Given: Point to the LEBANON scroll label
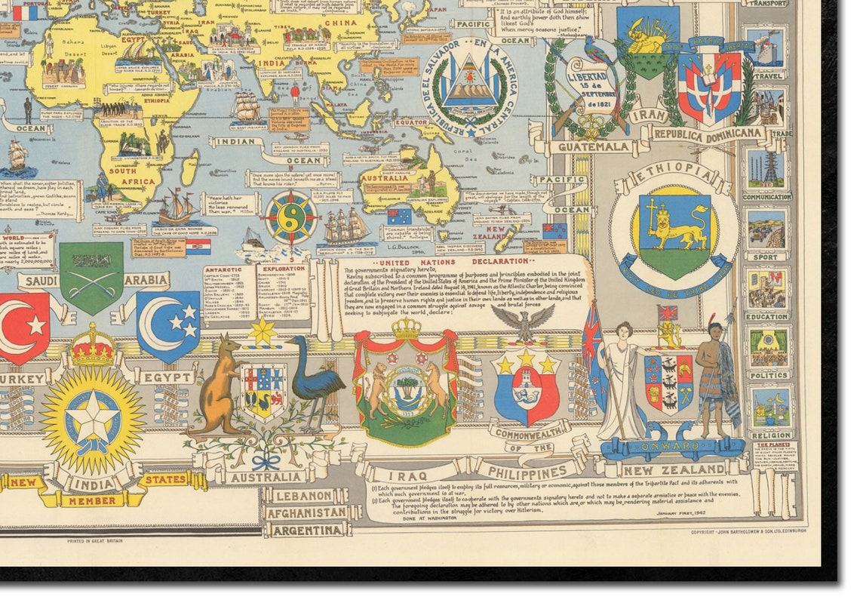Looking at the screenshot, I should (x=305, y=496).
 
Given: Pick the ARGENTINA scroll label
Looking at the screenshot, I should (x=306, y=530).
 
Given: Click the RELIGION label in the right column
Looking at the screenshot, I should (x=771, y=435).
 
